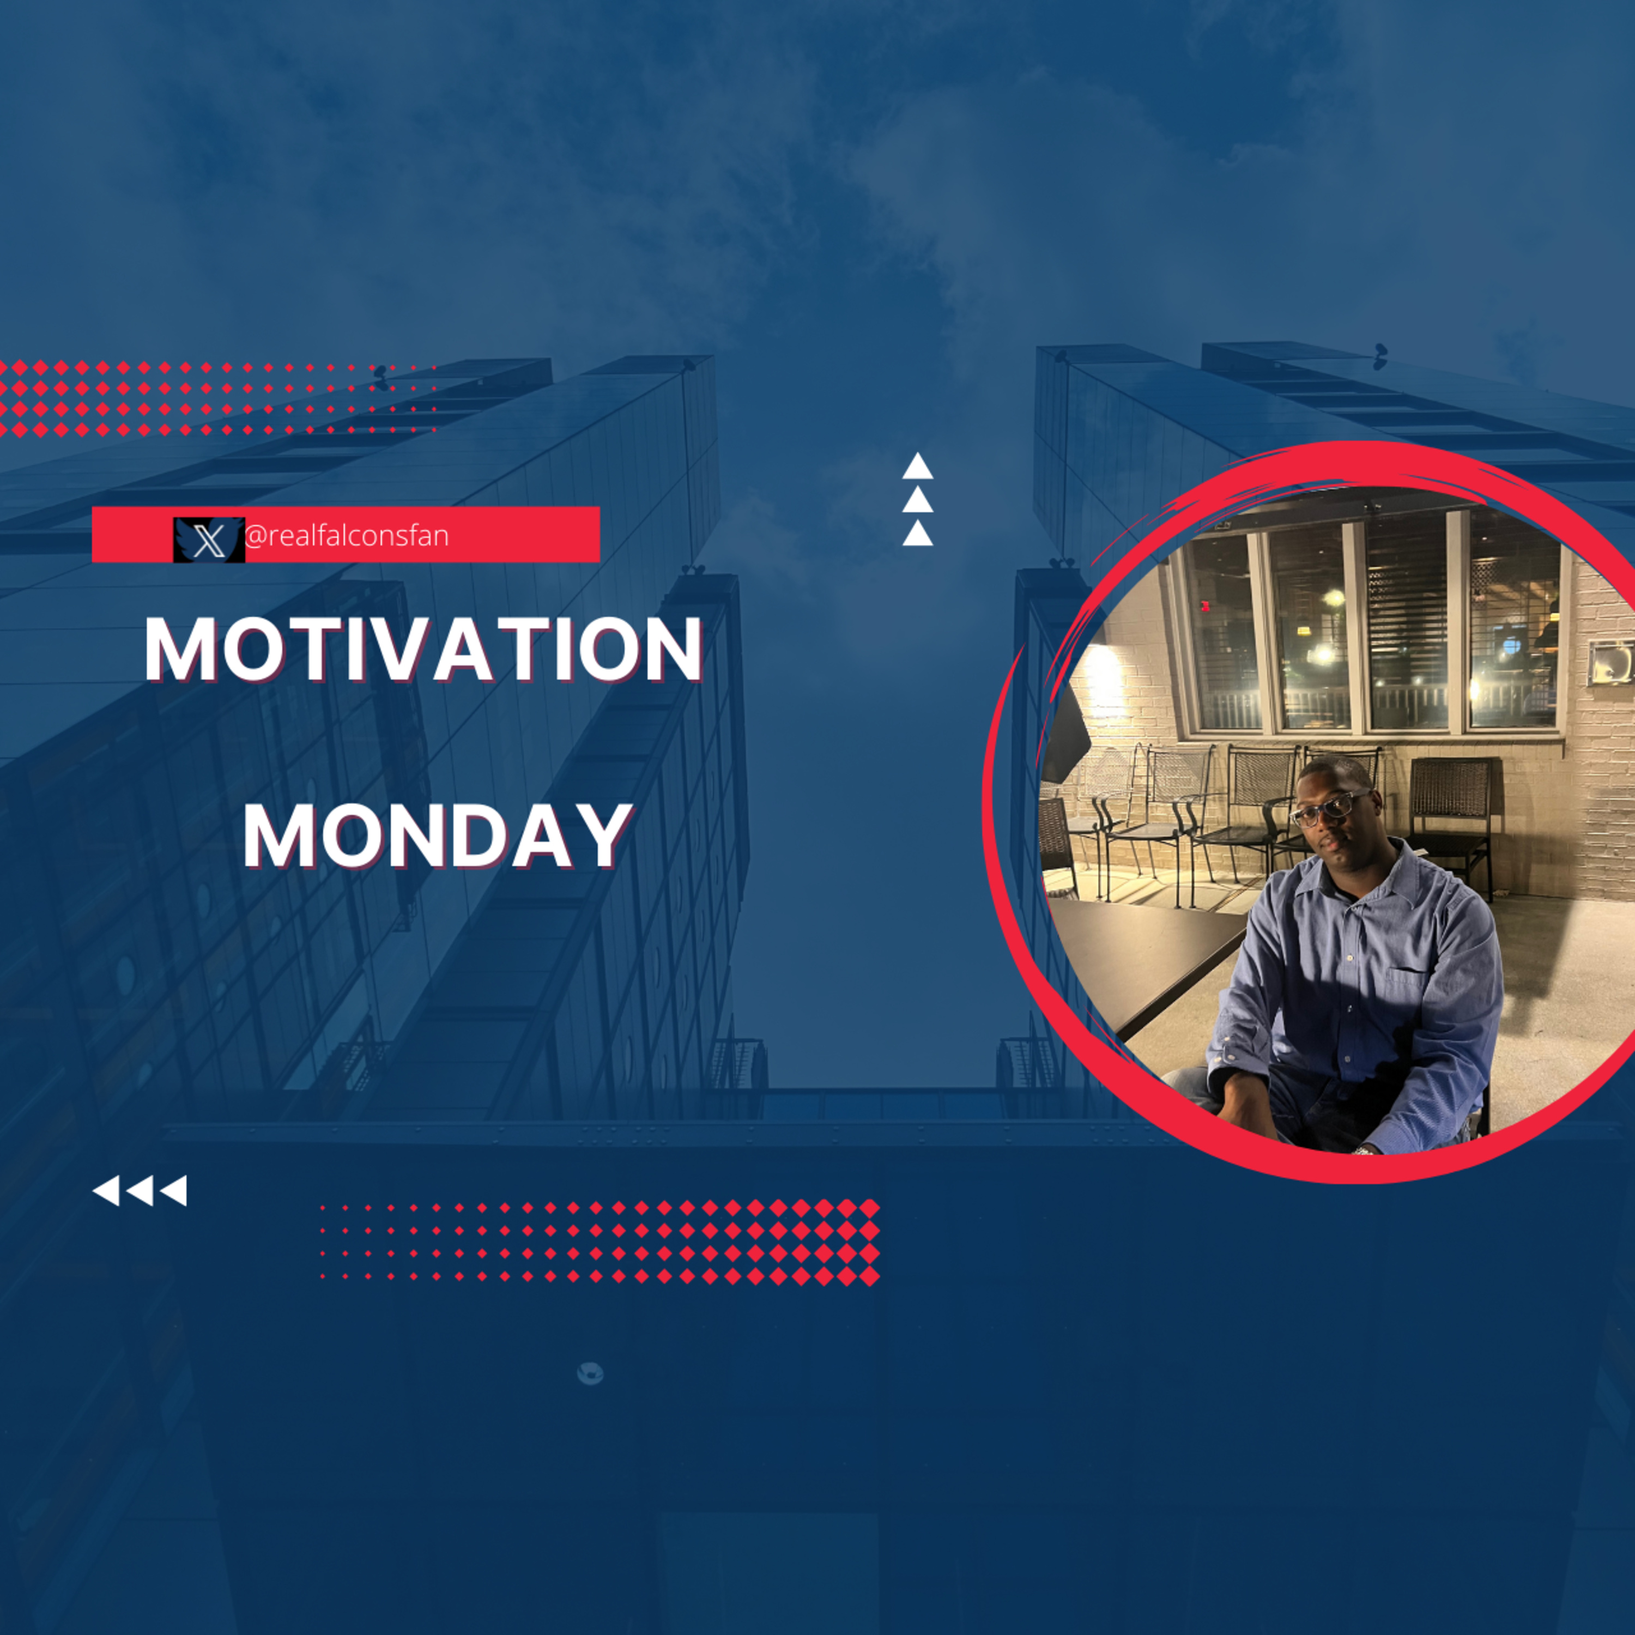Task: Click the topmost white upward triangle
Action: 917,467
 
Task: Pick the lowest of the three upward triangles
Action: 917,534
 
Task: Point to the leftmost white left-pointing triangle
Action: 107,1191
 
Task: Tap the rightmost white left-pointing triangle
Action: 173,1191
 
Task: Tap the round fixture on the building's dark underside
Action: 590,1373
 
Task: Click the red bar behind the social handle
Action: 346,535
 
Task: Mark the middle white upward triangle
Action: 917,500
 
